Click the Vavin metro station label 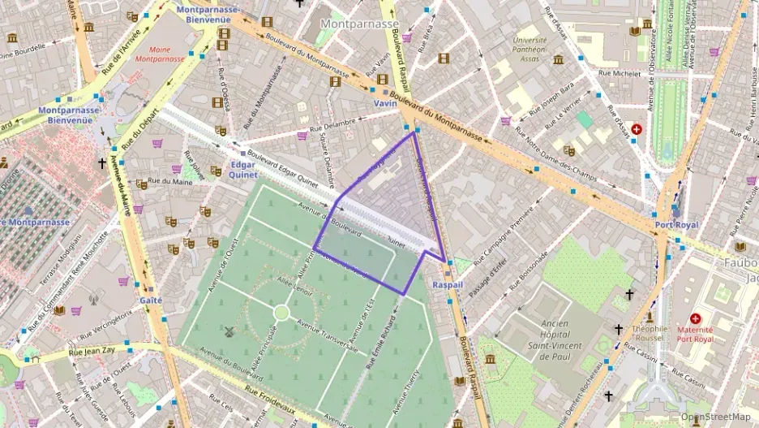click(385, 103)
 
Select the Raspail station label click(448, 285)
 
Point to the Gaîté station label click(151, 300)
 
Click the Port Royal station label click(676, 224)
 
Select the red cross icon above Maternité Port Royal click(695, 318)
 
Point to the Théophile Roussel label click(650, 334)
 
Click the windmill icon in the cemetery click(229, 331)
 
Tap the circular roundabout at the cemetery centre click(281, 313)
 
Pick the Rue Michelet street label click(620, 73)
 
